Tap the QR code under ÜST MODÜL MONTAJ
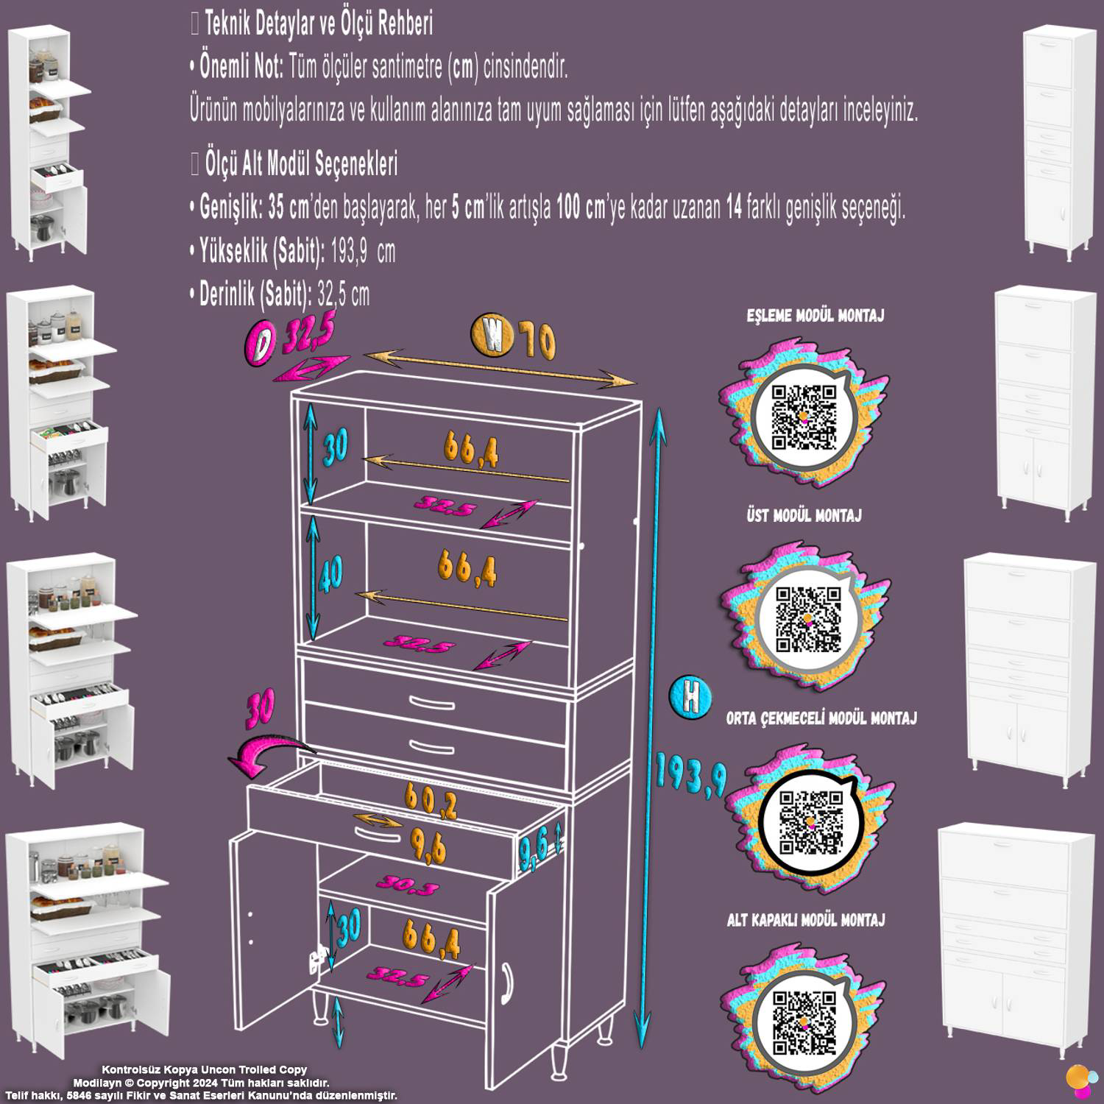807,620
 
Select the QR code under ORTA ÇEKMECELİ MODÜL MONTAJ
811,822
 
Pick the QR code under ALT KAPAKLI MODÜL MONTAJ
804,1022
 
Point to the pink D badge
259,344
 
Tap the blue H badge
690,696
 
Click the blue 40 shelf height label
331,573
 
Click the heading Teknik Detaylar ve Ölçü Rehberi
319,25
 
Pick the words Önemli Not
241,68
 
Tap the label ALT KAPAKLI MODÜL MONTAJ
805,919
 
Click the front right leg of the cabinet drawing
605,1027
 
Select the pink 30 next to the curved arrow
261,706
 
